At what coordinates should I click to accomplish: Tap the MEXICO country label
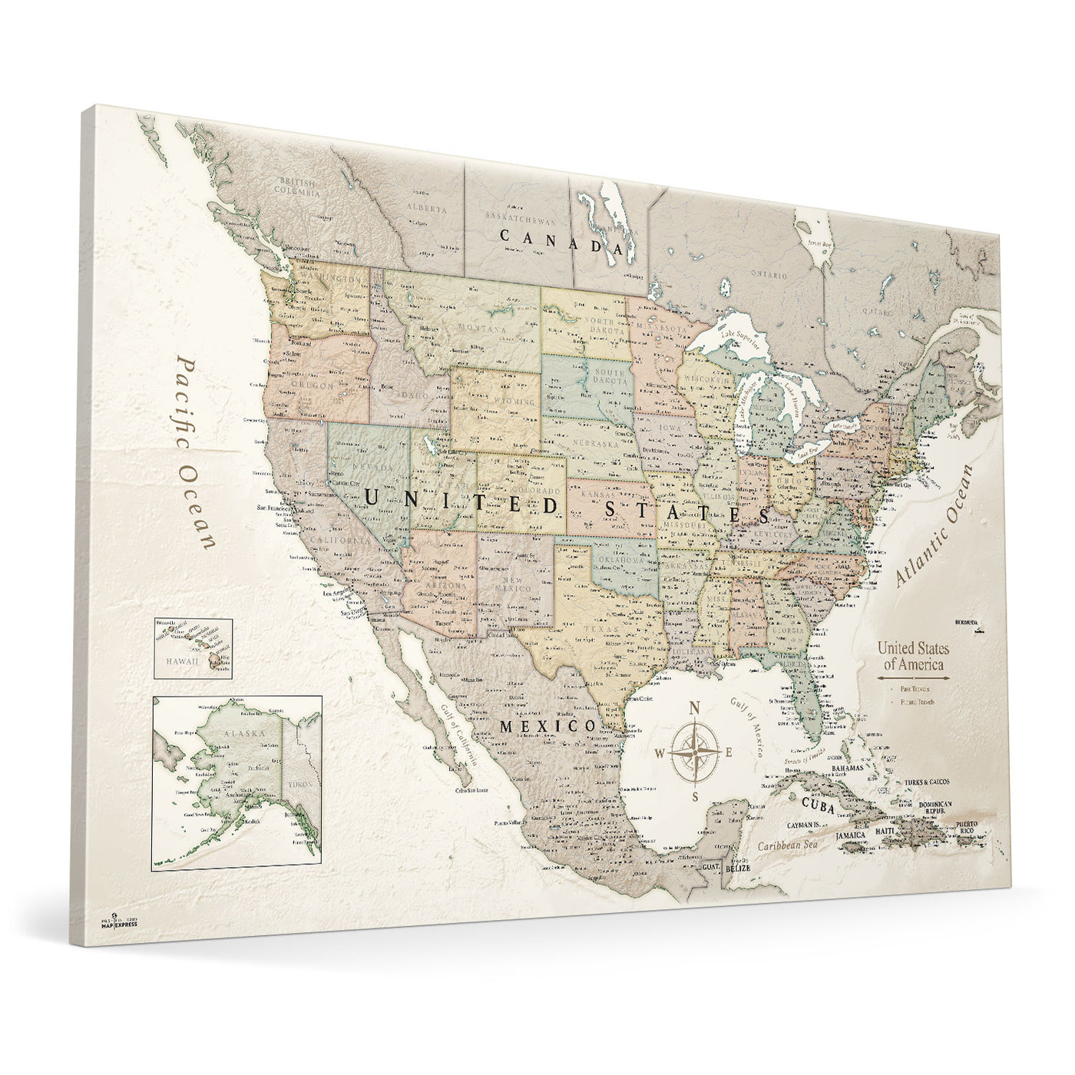click(547, 726)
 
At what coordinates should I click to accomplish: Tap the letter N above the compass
click(694, 708)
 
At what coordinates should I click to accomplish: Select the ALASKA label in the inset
click(244, 733)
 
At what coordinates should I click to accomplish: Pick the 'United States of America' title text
click(913, 657)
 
